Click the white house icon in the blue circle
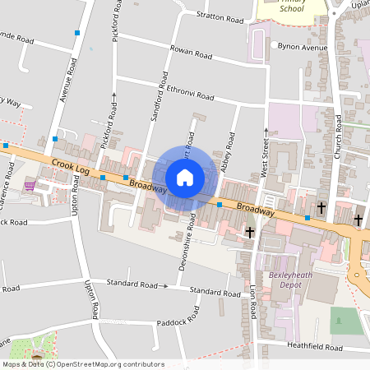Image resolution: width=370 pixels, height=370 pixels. pyautogui.click(x=185, y=177)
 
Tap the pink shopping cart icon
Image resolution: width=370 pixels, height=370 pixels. pyautogui.click(x=30, y=185)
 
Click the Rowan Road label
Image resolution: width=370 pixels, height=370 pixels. pyautogui.click(x=191, y=52)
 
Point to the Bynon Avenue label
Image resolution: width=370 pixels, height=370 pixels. pyautogui.click(x=303, y=47)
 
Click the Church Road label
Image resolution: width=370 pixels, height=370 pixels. pyautogui.click(x=337, y=135)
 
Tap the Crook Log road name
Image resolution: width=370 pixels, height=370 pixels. pyautogui.click(x=70, y=167)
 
